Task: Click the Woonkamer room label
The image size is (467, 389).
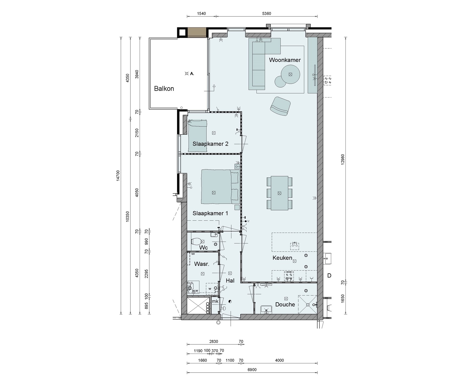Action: pyautogui.click(x=285, y=60)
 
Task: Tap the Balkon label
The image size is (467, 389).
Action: pyautogui.click(x=164, y=89)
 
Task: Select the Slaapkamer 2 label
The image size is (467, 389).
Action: pyautogui.click(x=210, y=144)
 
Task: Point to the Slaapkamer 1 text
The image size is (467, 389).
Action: pyautogui.click(x=210, y=213)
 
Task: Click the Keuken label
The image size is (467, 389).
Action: pyautogui.click(x=282, y=258)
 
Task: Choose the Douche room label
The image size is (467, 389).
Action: pyautogui.click(x=285, y=305)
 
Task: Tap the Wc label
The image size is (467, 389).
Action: pyautogui.click(x=203, y=248)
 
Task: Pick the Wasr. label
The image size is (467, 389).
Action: pyautogui.click(x=202, y=264)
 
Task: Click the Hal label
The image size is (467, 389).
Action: pyautogui.click(x=230, y=281)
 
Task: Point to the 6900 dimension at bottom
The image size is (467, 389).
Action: pyautogui.click(x=252, y=370)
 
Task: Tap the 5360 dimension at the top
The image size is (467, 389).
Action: pyautogui.click(x=267, y=14)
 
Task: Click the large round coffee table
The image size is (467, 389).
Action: pyautogui.click(x=290, y=75)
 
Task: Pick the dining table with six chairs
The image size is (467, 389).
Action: pyautogui.click(x=279, y=193)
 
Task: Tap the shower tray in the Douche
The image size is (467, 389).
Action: pyautogui.click(x=308, y=304)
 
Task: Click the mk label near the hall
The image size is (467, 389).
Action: pyautogui.click(x=215, y=301)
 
